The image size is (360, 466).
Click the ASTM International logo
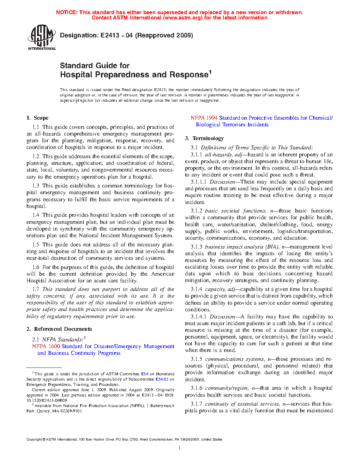(41, 37)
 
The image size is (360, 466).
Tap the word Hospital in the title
(76, 74)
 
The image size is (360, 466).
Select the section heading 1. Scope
(37, 118)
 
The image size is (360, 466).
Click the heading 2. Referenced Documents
(59, 329)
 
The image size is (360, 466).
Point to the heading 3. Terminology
(204, 138)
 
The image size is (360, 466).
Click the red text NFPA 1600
(46, 346)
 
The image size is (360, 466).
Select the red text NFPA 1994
(204, 118)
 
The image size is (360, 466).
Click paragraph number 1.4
(36, 215)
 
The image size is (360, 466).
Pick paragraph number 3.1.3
(196, 247)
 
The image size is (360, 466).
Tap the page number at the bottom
(180, 448)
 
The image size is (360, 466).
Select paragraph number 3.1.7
(196, 404)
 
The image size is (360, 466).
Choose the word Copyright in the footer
(34, 440)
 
